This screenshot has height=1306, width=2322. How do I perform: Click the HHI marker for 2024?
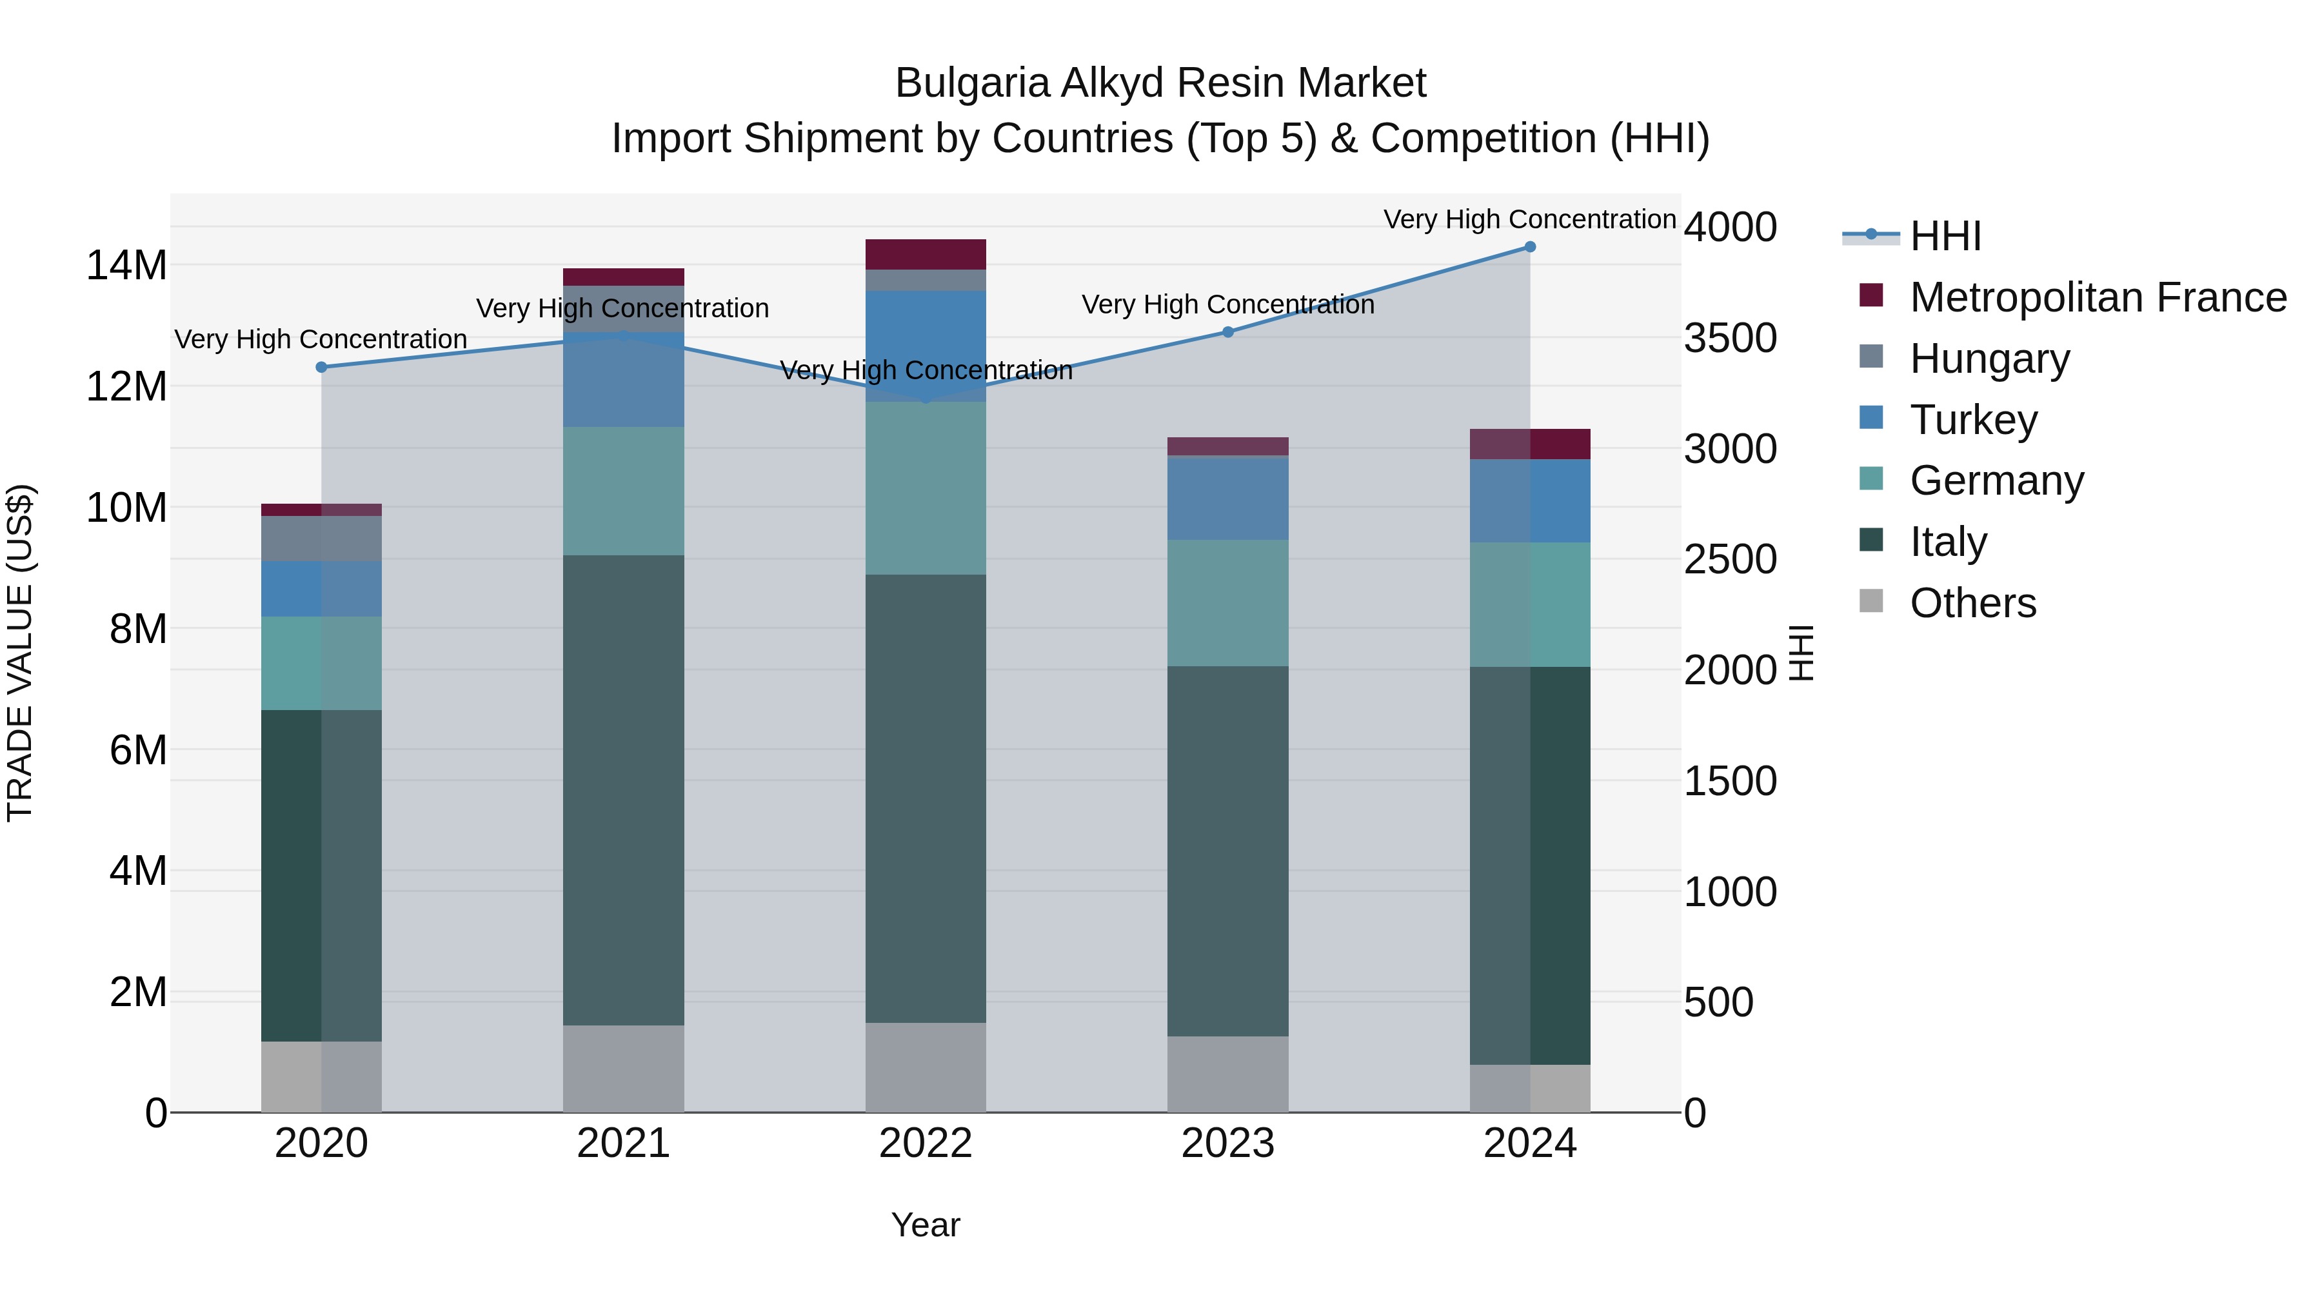pos(1530,247)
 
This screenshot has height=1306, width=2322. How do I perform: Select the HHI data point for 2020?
pos(322,367)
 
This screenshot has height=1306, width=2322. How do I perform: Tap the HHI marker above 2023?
pos(1227,331)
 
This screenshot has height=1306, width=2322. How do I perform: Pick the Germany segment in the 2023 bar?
pos(1227,602)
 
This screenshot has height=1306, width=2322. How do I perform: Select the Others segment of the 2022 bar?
pos(926,1067)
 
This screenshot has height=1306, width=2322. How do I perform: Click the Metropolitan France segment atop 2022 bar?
pos(926,254)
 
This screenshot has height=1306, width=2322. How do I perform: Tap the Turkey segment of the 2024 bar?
pos(1530,500)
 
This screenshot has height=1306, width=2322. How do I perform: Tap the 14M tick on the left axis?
pos(126,266)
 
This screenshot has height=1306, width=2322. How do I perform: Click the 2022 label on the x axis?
pos(926,1143)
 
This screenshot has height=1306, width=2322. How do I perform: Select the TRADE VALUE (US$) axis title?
pos(20,653)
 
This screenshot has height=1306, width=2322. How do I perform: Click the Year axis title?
pos(926,1225)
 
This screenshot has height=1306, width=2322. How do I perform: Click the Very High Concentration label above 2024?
pos(1530,219)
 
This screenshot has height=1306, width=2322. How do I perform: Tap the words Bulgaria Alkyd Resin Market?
pos(1160,83)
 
